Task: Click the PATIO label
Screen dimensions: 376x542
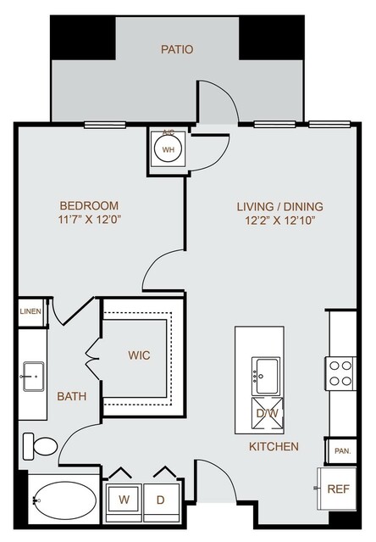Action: coord(177,49)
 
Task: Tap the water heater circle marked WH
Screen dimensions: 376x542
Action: coord(168,149)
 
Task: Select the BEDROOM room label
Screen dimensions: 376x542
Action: coord(89,205)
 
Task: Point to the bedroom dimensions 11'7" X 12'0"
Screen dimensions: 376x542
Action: coord(91,220)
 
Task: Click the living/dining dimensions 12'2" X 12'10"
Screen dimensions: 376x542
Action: coord(279,221)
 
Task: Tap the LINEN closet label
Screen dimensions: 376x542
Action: coord(30,311)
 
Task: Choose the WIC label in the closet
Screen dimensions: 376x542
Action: coord(139,355)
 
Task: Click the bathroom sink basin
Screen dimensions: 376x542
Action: coord(34,377)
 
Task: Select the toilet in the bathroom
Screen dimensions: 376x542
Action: coord(40,446)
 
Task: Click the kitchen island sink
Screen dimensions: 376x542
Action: coord(265,376)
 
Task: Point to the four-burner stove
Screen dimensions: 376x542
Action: coord(340,373)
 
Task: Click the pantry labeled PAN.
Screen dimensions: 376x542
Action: coord(342,451)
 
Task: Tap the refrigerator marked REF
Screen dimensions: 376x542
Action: coord(337,489)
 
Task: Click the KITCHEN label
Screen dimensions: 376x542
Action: coord(274,447)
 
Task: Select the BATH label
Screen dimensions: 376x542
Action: coord(72,396)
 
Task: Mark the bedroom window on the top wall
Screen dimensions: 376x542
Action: coord(105,125)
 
